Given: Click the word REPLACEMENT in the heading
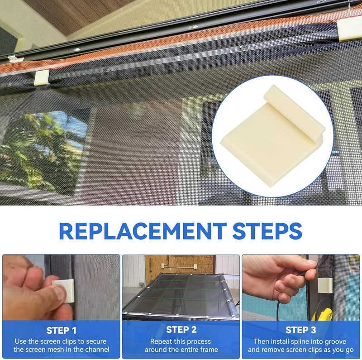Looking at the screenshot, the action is [143, 231].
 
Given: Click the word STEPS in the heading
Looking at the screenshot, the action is [267, 231].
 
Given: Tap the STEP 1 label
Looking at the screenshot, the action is [61, 331].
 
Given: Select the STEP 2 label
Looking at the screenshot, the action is [181, 330].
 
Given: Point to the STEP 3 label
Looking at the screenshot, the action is [300, 330].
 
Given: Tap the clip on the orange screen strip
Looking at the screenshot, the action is [42, 77].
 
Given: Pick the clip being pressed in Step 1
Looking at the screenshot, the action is [63, 291].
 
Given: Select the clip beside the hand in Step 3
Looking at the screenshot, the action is [325, 285].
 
